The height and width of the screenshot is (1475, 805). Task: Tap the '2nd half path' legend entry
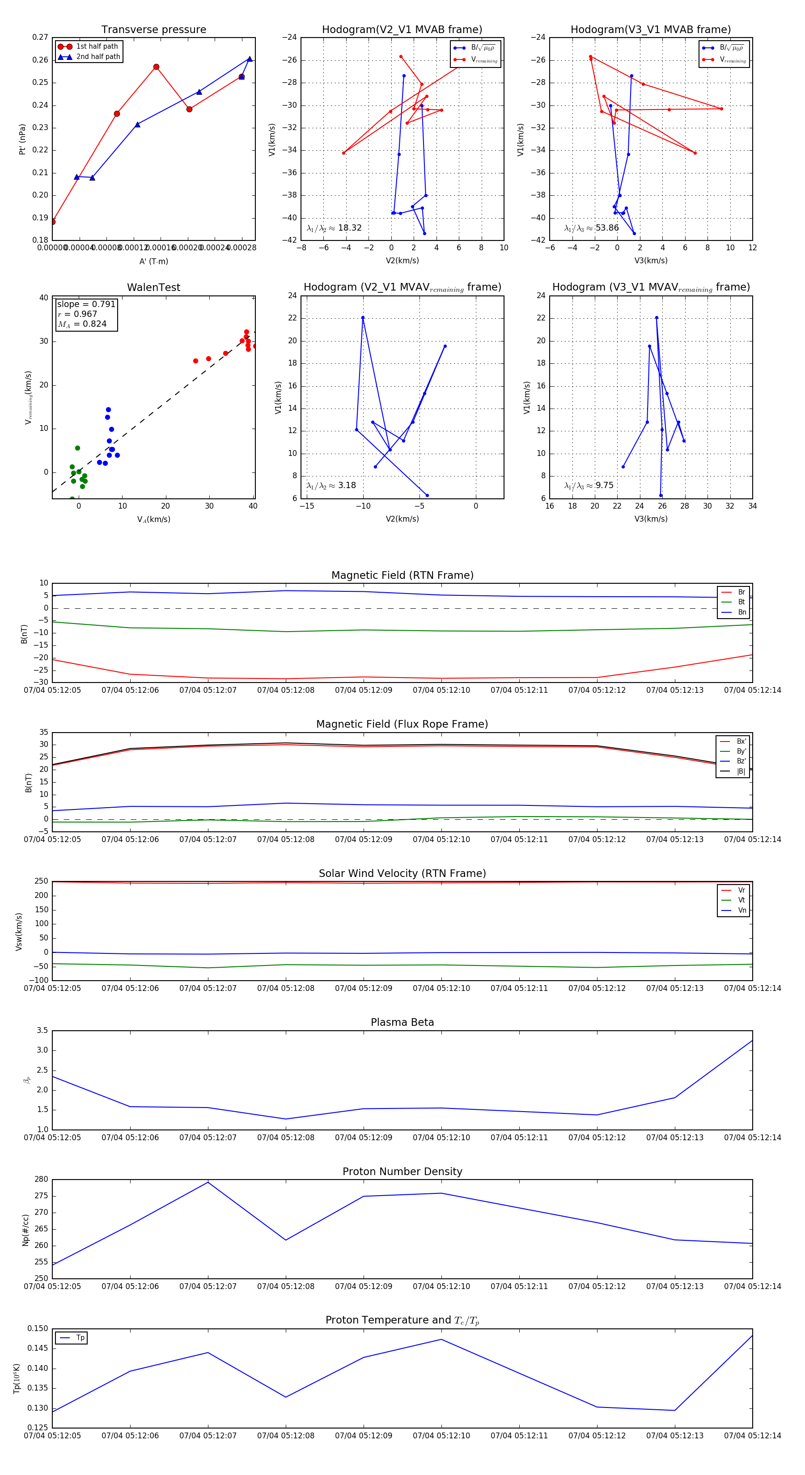point(98,57)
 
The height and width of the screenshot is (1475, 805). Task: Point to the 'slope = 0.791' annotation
point(86,304)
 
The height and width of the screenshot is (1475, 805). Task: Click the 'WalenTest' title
point(153,287)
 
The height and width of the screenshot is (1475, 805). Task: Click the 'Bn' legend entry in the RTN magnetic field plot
point(741,612)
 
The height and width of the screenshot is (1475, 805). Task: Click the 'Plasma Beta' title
point(402,1022)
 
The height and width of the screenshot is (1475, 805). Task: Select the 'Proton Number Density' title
point(402,1172)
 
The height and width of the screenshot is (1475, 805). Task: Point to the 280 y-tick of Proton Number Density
point(41,1180)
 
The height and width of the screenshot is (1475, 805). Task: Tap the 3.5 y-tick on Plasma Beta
point(42,1030)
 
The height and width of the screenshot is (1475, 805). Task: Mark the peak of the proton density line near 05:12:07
point(208,1182)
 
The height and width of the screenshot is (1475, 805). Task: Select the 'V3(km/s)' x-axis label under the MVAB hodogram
point(651,261)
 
